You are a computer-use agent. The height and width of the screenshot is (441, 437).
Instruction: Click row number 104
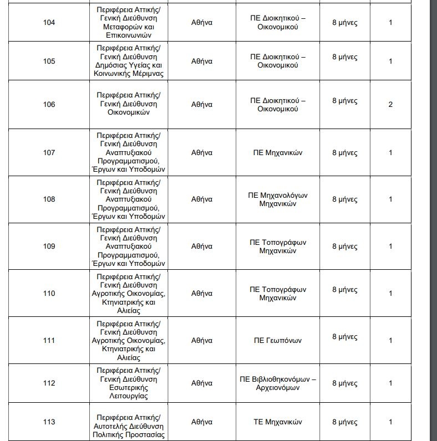[49, 23]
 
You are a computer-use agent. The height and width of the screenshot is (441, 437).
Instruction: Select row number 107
[49, 152]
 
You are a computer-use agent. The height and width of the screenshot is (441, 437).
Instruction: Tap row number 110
[49, 293]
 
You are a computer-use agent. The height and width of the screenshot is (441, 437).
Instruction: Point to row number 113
[49, 422]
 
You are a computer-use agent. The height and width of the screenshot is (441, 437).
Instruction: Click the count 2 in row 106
[390, 104]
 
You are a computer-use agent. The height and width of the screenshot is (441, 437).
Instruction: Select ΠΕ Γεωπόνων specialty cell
[278, 340]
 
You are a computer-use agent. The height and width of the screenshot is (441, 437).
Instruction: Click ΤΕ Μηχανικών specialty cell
[278, 422]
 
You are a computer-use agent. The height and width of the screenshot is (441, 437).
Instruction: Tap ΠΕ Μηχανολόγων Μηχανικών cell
[278, 199]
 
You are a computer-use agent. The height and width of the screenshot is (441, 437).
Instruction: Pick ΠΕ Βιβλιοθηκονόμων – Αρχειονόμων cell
[278, 383]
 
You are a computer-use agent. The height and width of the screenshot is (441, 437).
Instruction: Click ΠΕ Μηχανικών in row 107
[278, 152]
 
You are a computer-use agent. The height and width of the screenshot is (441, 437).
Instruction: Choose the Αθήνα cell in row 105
[202, 61]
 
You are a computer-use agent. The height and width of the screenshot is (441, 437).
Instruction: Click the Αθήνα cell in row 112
[202, 383]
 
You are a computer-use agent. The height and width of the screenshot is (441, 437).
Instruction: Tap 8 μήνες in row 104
[344, 23]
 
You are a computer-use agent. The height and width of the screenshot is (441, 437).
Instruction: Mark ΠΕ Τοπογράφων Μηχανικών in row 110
[278, 293]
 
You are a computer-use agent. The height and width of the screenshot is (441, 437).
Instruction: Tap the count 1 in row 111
[390, 340]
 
